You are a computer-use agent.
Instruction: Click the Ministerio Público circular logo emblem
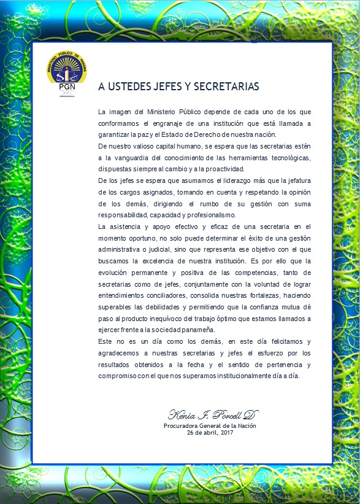pyautogui.click(x=66, y=68)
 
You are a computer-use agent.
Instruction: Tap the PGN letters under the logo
pyautogui.click(x=66, y=88)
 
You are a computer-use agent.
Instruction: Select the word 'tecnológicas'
pyautogui.click(x=288, y=158)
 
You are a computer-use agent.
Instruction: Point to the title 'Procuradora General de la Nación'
pyautogui.click(x=210, y=425)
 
